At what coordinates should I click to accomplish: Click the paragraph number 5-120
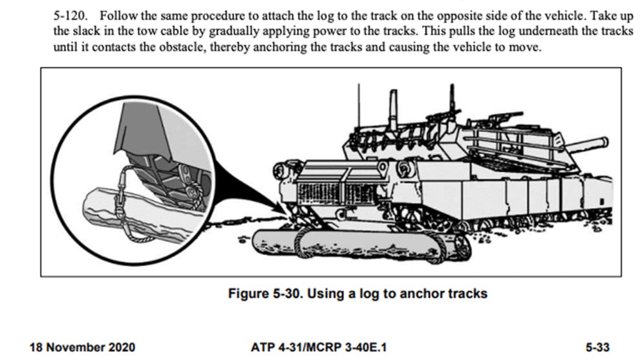pos(70,16)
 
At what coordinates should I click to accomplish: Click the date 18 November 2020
pos(82,347)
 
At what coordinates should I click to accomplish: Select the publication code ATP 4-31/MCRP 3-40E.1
pos(318,347)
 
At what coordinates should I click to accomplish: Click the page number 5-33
pos(598,347)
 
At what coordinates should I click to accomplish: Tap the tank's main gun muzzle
pos(603,142)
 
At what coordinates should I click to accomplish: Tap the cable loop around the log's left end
pos(302,242)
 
